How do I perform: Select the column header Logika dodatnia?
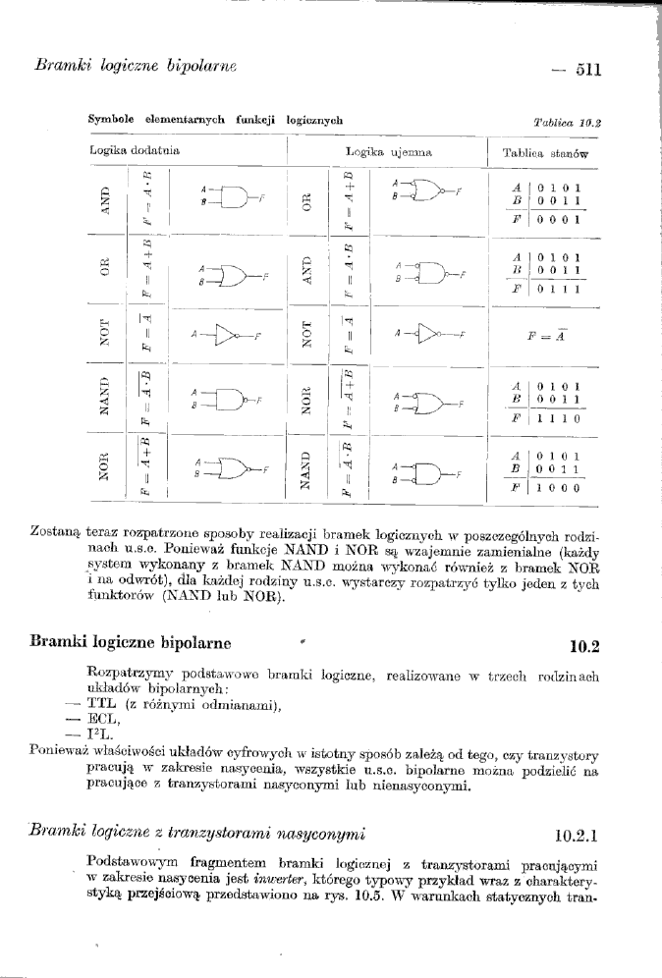click(x=120, y=152)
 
